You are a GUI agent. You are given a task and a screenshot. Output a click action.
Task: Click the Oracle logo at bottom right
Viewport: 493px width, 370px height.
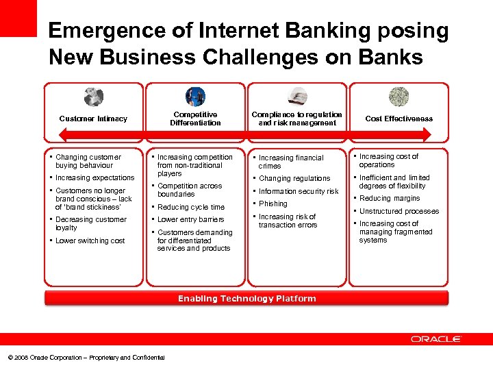point(436,339)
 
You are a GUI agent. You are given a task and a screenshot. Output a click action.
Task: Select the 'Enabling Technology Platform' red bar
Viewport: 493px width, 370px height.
point(246,298)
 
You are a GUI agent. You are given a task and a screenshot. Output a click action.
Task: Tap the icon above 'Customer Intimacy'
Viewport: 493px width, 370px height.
point(93,97)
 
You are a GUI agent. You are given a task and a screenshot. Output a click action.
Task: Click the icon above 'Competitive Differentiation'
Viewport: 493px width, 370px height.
point(195,96)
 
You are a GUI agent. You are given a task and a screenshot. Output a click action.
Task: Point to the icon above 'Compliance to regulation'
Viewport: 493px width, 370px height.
point(297,96)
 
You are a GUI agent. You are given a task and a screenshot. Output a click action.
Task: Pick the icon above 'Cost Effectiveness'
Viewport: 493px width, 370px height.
point(399,96)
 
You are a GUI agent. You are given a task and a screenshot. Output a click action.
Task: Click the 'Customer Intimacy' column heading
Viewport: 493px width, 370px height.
point(93,119)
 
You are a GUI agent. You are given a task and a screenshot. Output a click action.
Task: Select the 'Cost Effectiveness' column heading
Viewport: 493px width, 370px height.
point(399,119)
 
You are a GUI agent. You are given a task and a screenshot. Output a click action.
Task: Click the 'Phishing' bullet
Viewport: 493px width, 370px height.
point(273,203)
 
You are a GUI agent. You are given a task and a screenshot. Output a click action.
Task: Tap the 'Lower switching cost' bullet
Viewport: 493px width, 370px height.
point(90,241)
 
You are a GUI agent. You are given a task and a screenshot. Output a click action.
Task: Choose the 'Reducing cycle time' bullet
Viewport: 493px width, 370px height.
point(190,207)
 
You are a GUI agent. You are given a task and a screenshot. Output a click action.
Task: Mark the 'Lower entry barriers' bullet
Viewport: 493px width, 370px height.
point(190,219)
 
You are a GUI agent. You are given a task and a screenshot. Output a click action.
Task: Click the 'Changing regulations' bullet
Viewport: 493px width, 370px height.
point(294,178)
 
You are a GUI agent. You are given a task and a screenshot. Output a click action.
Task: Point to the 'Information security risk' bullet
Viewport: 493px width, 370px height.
point(299,191)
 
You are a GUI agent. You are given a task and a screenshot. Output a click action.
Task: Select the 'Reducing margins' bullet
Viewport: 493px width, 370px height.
point(390,198)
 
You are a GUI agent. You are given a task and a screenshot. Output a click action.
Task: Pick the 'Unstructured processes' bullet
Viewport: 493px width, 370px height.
point(399,211)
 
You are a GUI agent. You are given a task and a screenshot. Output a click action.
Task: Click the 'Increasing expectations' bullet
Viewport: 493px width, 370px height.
point(94,177)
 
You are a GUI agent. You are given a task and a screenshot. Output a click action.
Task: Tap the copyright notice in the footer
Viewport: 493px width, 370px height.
point(86,358)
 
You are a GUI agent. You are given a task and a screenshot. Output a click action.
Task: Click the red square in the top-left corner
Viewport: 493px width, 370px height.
point(18,18)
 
